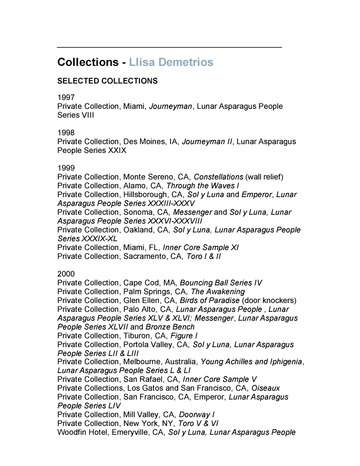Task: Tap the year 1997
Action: (x=66, y=98)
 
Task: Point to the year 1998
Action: (x=66, y=132)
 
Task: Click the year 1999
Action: (x=66, y=168)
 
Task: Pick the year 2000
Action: (x=66, y=274)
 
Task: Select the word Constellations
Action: (x=218, y=177)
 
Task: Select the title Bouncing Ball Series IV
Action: (x=221, y=282)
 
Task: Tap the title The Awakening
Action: (x=218, y=291)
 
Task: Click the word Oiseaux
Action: (x=265, y=388)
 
